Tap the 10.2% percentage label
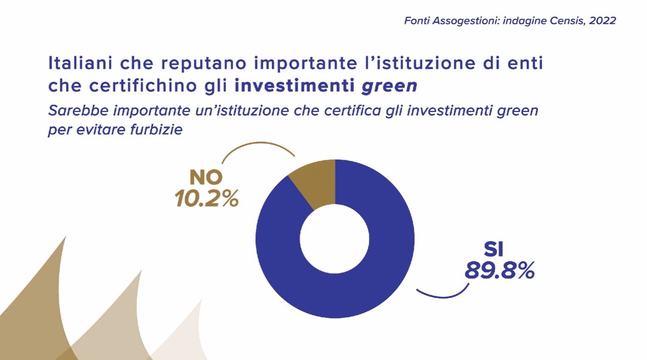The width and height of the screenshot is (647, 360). pos(207,199)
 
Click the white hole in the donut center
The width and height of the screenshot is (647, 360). pos(335,238)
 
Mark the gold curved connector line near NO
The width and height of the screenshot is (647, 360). pos(253,147)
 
